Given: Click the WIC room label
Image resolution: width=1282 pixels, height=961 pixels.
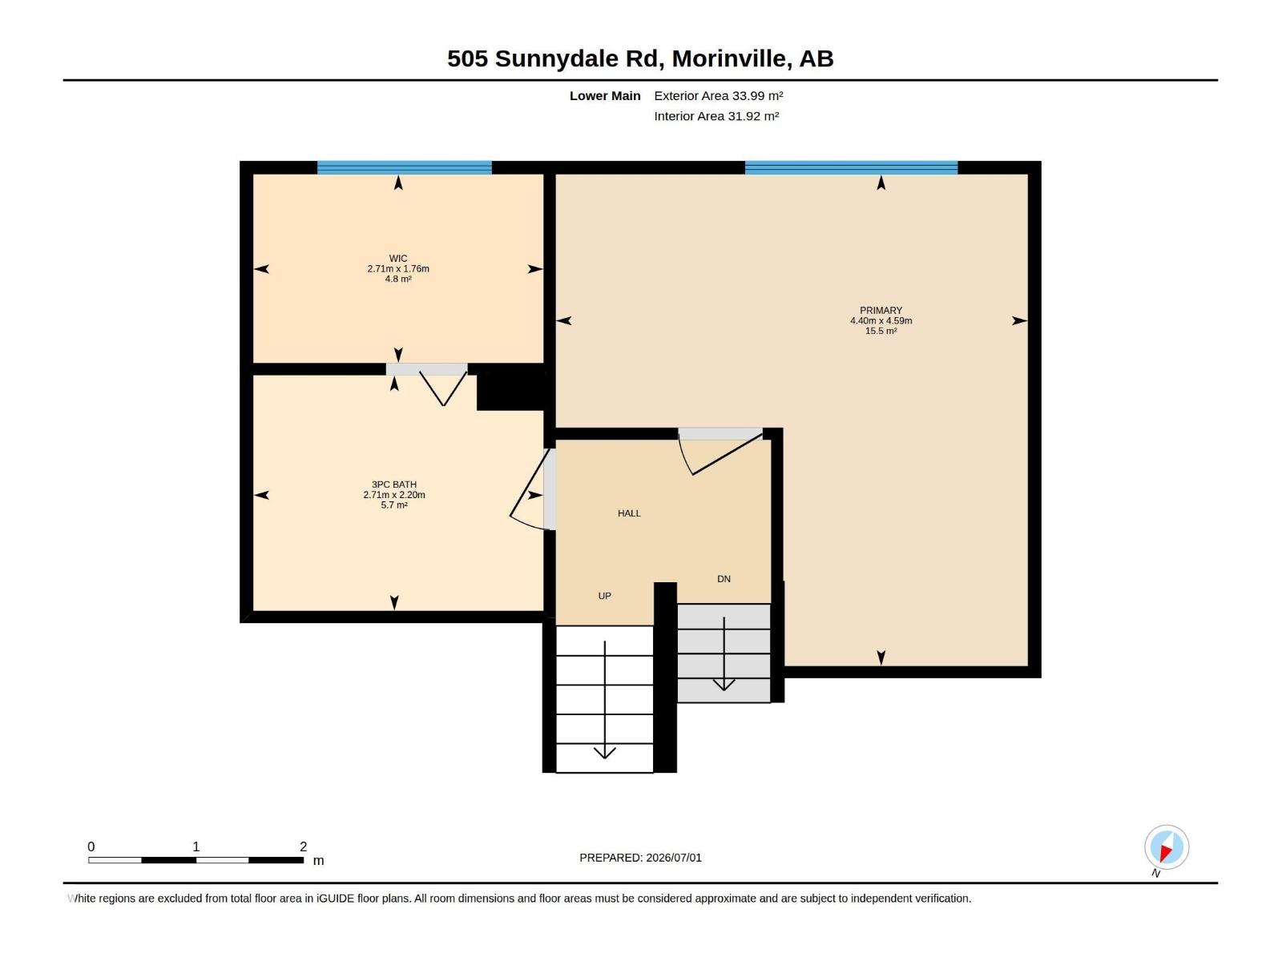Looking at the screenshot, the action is pos(397,258).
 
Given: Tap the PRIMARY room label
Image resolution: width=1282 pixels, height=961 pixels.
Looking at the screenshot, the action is pos(881,311).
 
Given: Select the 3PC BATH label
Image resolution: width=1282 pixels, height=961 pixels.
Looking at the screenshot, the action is pos(394,485).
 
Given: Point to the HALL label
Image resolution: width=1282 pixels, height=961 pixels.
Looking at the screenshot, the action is pos(629,513).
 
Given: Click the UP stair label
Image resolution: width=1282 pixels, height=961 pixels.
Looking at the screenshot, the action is pos(604,596).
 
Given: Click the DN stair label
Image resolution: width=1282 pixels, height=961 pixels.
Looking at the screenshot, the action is pos(724,579).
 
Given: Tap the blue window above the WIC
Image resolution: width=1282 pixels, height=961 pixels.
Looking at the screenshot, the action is pos(404,167).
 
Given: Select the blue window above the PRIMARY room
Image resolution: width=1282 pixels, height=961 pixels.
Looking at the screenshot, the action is pos(851,167).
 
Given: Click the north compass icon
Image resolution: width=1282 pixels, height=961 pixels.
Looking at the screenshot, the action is pos(1167,847).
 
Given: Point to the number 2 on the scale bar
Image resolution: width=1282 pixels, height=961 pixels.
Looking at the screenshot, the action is pos(303,846).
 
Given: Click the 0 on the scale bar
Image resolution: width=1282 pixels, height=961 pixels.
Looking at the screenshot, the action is pos(91,846).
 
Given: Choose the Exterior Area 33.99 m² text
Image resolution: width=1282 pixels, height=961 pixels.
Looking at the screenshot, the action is pos(719,95).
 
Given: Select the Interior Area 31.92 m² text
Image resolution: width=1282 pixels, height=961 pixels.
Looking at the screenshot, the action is pos(716,116).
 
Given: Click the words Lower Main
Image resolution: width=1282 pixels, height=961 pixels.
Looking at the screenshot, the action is pos(605,95).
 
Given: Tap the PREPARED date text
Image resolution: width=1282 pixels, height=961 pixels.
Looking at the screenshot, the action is pos(640,858).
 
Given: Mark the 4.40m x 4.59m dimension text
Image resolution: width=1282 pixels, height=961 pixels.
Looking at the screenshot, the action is pos(881,321).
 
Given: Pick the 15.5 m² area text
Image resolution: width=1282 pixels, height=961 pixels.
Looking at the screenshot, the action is pos(881,331).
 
